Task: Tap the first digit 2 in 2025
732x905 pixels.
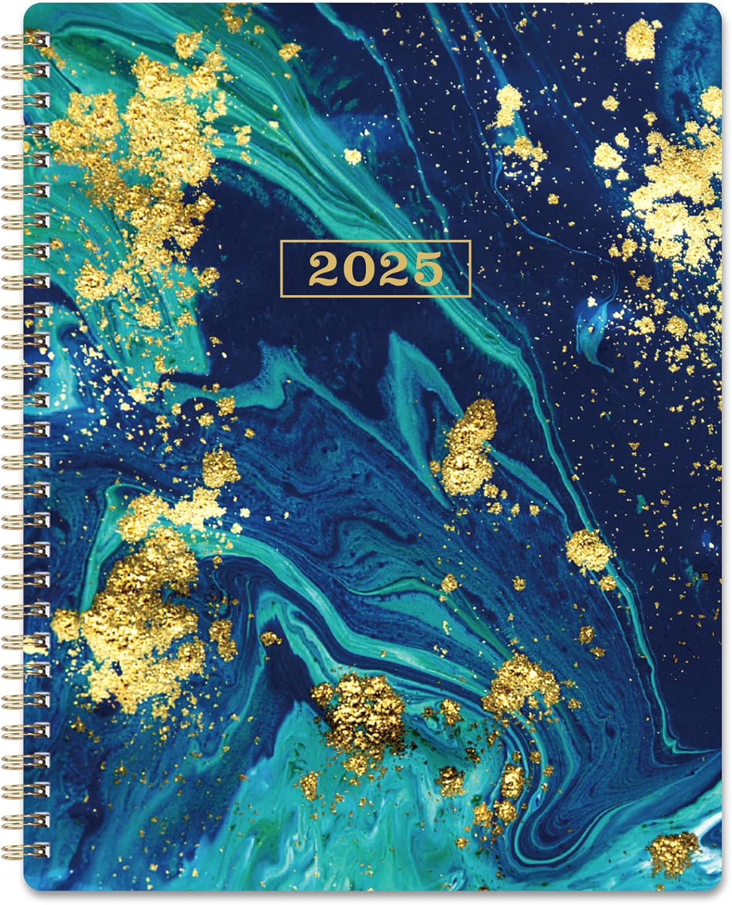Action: [x=323, y=269]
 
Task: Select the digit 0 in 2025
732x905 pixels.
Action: [x=358, y=269]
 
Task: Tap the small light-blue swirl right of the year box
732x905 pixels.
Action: [x=594, y=338]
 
